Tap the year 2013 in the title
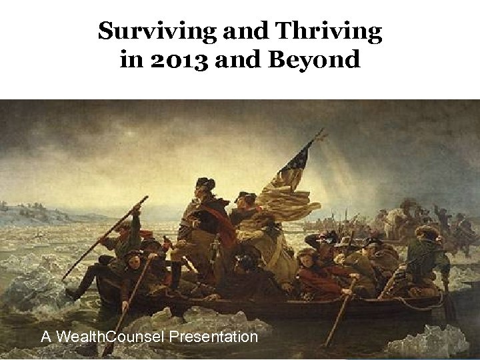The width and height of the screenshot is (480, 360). [x=175, y=61]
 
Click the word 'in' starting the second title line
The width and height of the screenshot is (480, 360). [x=130, y=61]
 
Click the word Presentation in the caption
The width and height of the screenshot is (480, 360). [x=213, y=337]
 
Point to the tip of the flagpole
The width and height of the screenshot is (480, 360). [x=321, y=131]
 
